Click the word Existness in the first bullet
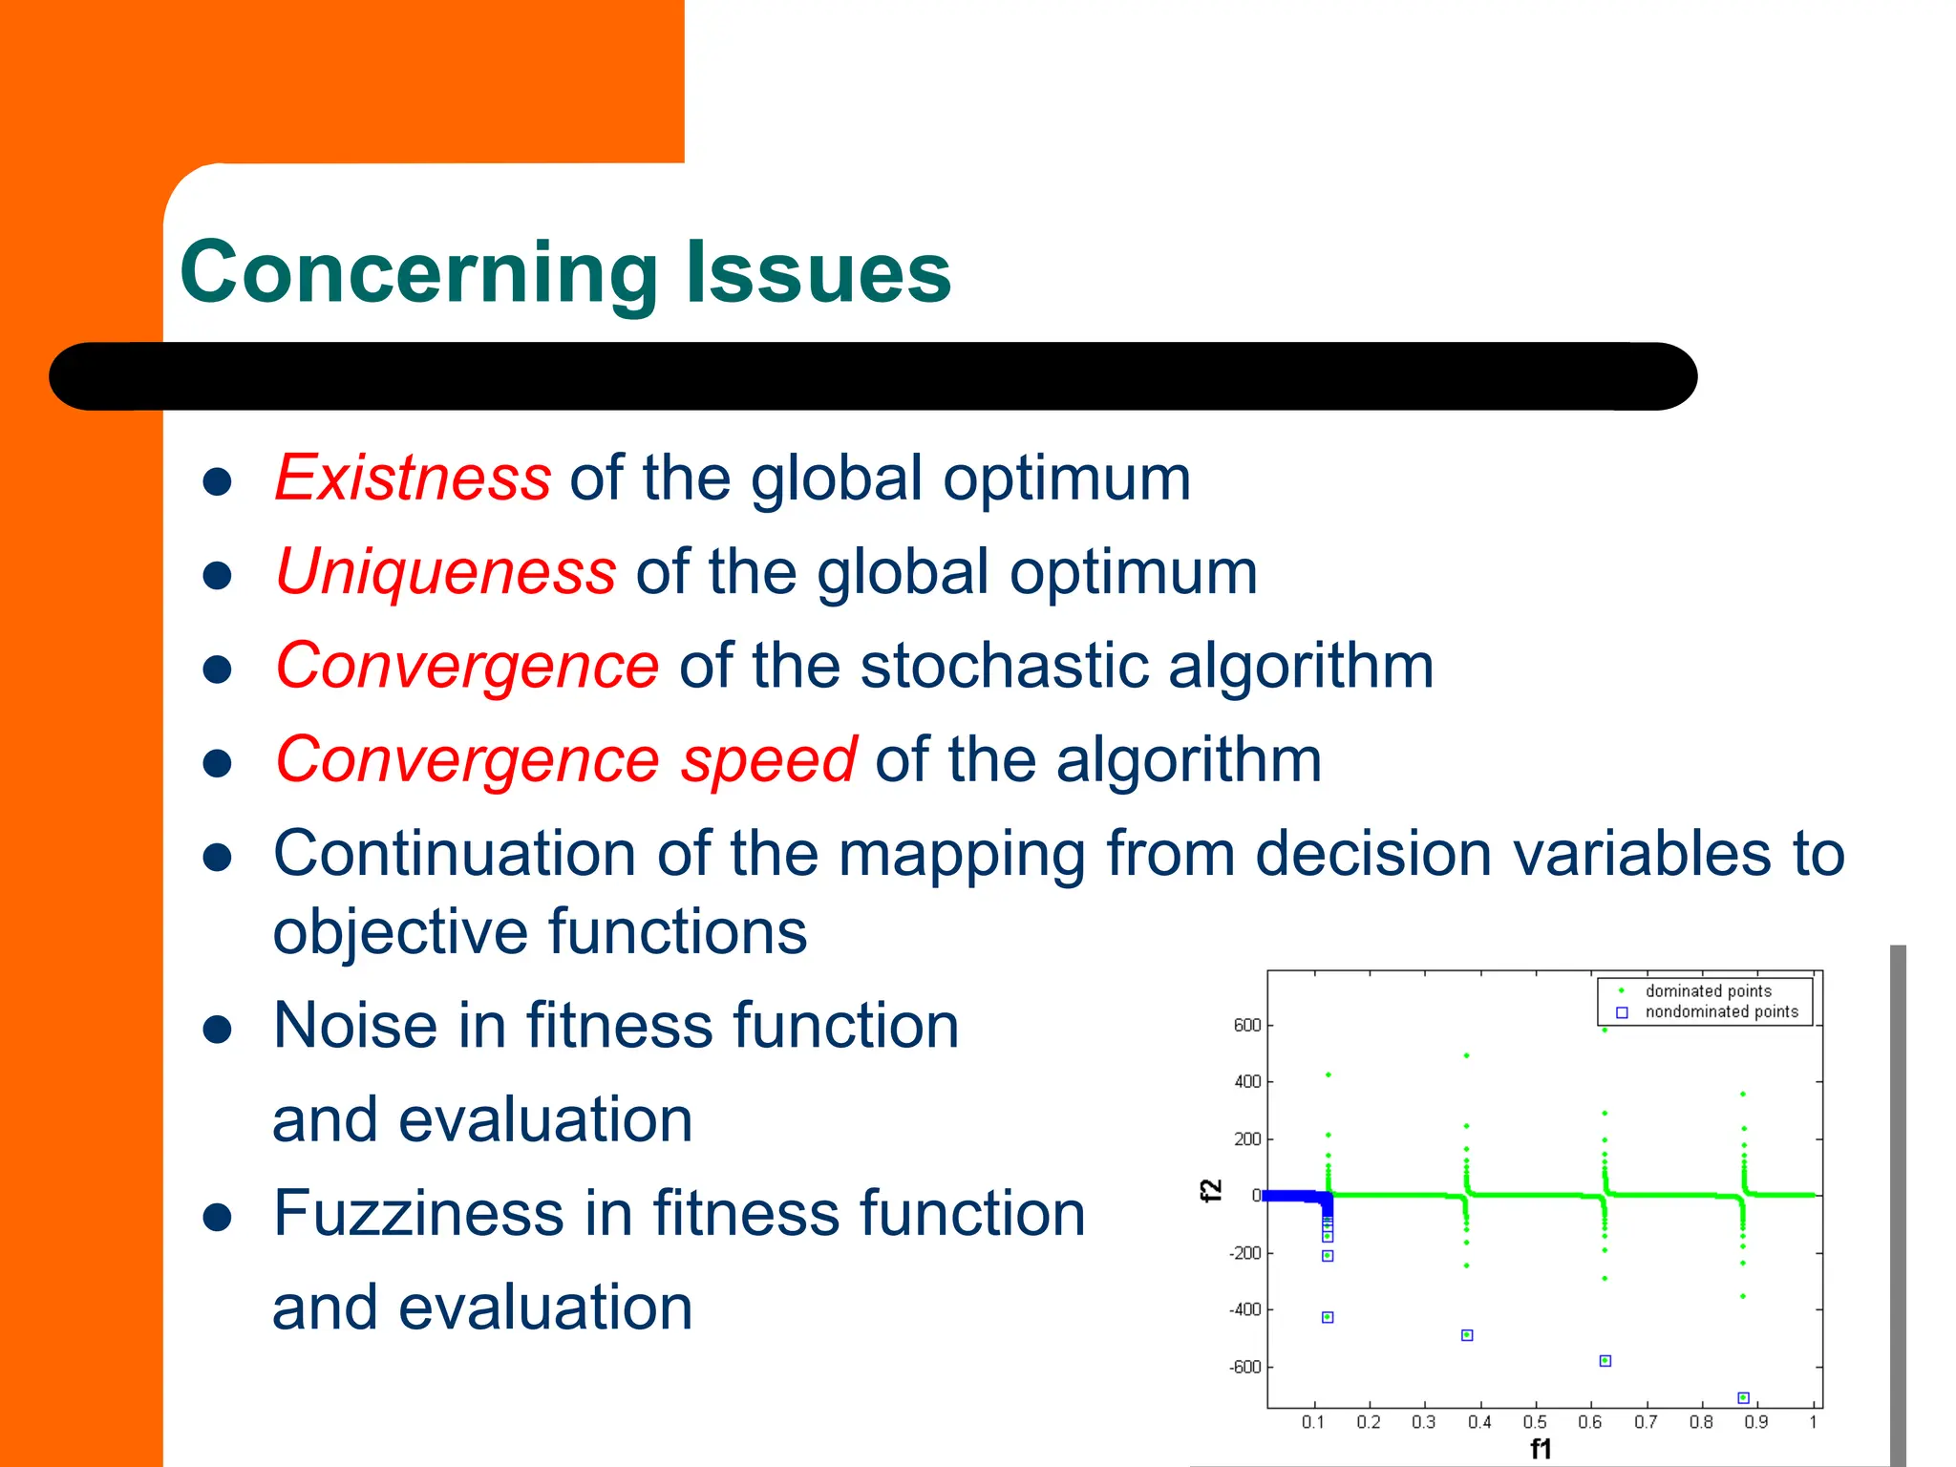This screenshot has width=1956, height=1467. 413,478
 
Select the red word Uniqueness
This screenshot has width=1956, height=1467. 446,571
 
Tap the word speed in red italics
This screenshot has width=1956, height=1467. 768,759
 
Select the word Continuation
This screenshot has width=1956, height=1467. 455,853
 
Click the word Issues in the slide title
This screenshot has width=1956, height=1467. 819,273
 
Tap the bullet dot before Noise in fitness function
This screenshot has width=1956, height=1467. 218,1031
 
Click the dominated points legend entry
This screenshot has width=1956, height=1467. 1708,991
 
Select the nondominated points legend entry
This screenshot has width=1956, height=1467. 1721,1011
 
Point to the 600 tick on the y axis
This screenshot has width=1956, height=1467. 1246,1025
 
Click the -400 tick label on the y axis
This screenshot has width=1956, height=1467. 1244,1309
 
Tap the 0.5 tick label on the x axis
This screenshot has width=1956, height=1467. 1535,1422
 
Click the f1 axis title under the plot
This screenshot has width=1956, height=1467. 1541,1449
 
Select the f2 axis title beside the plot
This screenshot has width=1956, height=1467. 1210,1190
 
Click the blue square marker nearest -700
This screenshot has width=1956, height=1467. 1743,1397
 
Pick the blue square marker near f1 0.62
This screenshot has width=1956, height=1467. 1605,1360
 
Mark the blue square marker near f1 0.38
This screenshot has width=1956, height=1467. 1467,1334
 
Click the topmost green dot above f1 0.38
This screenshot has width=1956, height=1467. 1466,1055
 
